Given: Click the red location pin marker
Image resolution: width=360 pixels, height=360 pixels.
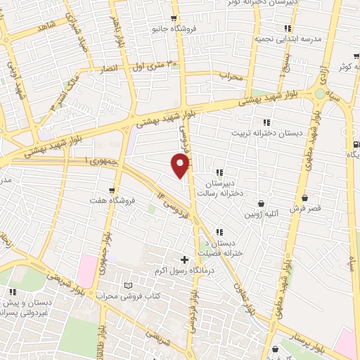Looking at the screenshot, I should point(181,165).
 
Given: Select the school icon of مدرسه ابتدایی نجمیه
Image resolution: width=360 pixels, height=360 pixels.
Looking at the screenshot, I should point(288,29).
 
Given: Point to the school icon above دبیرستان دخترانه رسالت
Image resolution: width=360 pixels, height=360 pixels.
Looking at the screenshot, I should point(220,172).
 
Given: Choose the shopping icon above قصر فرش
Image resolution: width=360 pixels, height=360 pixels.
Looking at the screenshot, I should point(304,198).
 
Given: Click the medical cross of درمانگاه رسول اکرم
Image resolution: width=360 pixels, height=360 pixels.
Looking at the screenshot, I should point(185,260).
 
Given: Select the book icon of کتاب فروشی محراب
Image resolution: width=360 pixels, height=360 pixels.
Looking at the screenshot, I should point(127,285).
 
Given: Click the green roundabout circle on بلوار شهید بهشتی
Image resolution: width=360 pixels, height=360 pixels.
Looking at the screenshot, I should point(320,94).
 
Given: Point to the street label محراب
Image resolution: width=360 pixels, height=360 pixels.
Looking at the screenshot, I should point(231,75).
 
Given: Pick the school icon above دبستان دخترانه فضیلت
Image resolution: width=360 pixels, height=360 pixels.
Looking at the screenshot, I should point(220,232).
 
